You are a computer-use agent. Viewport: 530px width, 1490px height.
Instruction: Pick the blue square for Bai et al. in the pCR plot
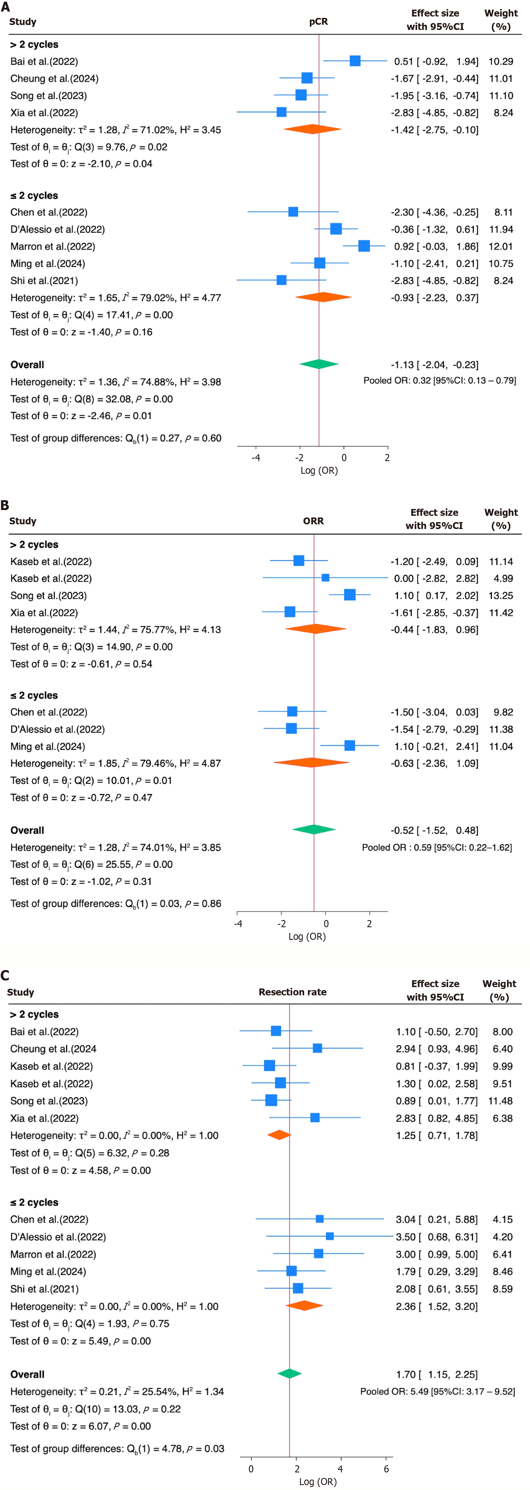pos(355,61)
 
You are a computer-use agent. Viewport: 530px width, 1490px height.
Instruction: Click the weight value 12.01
pos(501,247)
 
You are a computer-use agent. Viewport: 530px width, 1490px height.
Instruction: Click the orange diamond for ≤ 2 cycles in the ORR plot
pos(311,763)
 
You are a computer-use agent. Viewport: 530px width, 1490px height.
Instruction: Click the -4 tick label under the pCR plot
pos(255,458)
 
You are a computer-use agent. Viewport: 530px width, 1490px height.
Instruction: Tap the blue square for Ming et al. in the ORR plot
pos(350,746)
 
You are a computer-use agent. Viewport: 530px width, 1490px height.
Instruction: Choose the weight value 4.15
pos(502,1219)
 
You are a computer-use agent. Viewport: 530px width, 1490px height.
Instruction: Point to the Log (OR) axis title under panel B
pos(307,937)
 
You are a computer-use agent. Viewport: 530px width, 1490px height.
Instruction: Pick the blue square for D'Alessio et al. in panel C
pos(330,1237)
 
